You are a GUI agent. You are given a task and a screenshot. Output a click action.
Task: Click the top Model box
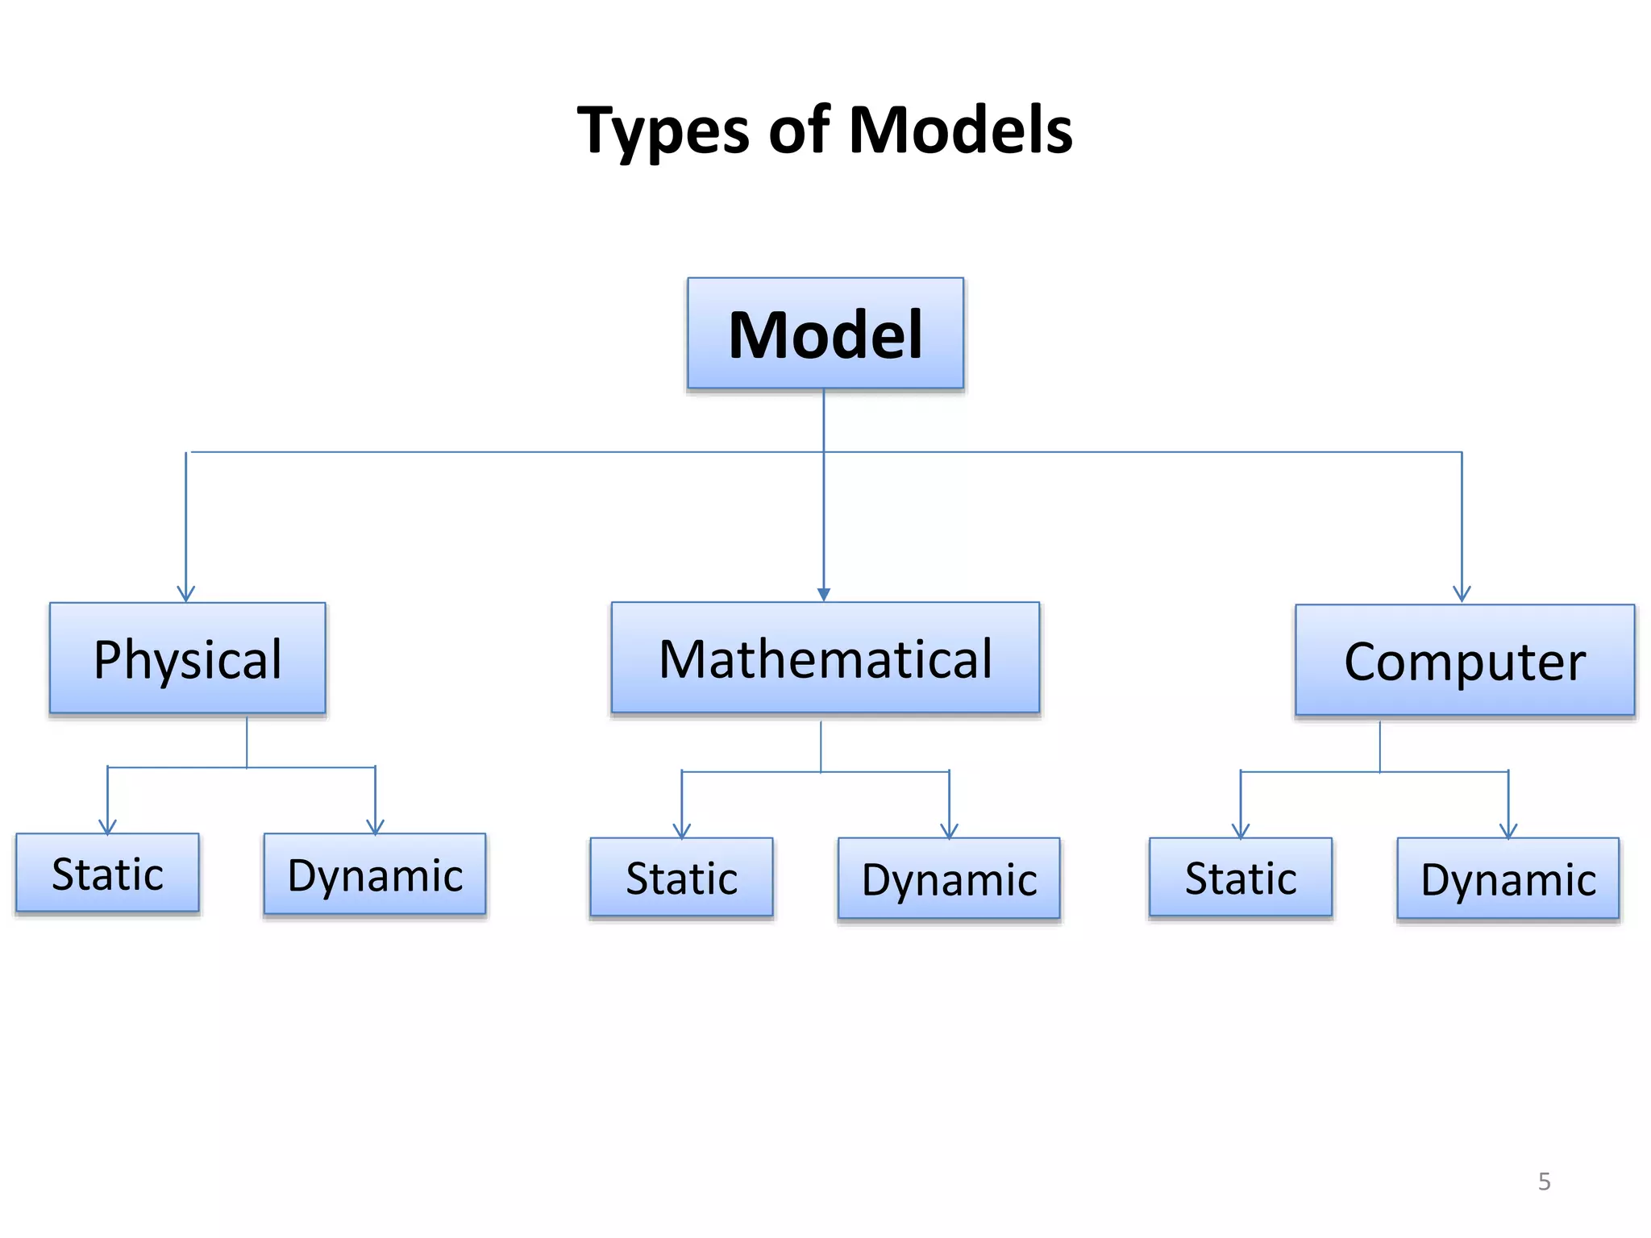point(825,334)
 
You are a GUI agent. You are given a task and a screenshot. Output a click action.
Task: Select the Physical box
point(187,658)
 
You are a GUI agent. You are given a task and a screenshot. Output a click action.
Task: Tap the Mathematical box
point(825,658)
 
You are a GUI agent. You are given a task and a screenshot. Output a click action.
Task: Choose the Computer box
point(1464,661)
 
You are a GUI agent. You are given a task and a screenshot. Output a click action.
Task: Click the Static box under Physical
point(107,874)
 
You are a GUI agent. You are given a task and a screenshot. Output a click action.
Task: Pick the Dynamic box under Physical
point(375,874)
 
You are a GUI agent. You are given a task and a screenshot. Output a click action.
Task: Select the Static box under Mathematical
point(681,878)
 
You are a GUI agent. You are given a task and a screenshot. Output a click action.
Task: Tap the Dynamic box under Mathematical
point(949,879)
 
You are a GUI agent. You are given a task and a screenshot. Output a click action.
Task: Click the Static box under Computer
point(1240,878)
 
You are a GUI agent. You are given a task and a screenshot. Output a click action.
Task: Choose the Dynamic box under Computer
point(1508,879)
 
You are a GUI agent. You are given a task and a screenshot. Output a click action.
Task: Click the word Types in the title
point(663,131)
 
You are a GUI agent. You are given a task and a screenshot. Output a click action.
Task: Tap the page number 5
point(1544,1182)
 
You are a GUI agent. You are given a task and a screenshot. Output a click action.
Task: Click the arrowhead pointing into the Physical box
point(186,595)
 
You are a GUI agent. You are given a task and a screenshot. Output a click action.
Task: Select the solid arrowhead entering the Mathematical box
point(824,595)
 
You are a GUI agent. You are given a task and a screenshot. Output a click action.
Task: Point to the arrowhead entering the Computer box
point(1462,595)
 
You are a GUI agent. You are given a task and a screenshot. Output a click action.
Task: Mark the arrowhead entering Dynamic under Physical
point(375,827)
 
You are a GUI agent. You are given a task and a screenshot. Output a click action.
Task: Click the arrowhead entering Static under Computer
point(1241,832)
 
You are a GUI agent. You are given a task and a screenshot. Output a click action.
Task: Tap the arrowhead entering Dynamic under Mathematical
point(949,832)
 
